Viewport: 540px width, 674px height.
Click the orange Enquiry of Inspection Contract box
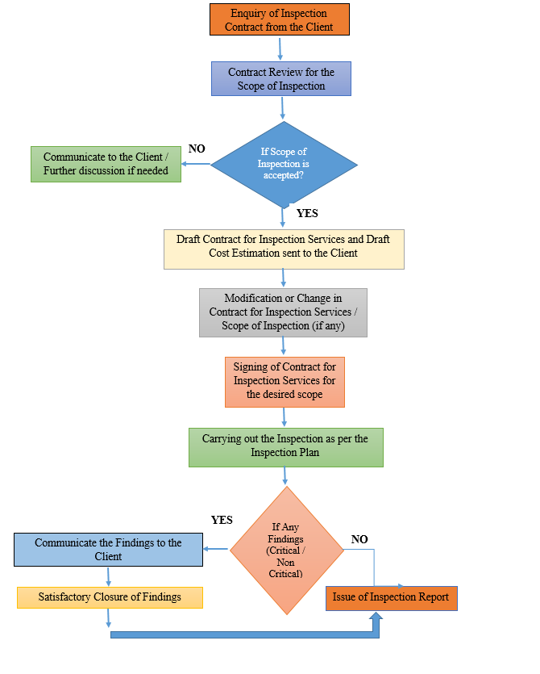[x=279, y=20]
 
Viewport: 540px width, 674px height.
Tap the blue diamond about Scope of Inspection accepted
[x=284, y=164]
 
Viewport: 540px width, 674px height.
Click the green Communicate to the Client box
[x=106, y=164]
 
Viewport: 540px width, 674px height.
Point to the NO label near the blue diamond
[x=197, y=149]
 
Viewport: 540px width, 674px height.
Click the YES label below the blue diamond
[x=307, y=213]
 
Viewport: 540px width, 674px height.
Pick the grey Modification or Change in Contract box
[x=283, y=312]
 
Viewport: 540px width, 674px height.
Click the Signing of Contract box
[x=285, y=382]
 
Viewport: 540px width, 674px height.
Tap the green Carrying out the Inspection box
[x=285, y=447]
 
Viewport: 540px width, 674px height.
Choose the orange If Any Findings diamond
[x=286, y=550]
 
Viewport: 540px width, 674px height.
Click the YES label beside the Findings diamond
[x=222, y=520]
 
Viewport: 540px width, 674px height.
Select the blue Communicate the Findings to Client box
[x=108, y=549]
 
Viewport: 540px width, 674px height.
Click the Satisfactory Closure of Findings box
[x=110, y=597]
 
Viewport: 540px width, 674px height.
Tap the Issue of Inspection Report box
[x=392, y=598]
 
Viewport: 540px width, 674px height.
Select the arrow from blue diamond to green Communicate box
[x=196, y=165]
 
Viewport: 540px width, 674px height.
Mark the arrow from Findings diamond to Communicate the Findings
[x=217, y=550]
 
